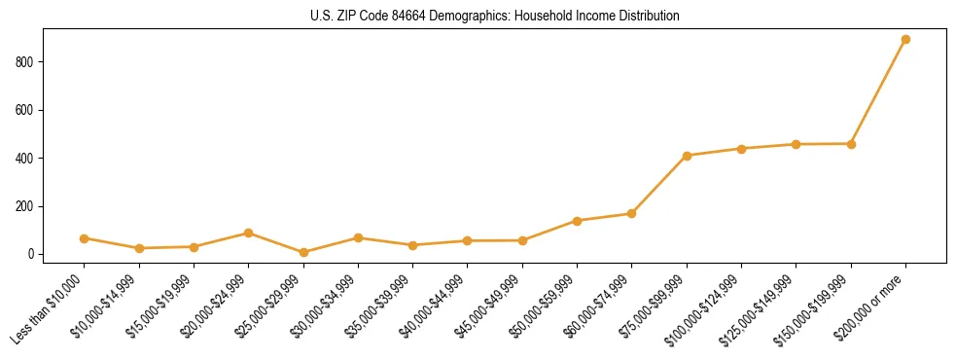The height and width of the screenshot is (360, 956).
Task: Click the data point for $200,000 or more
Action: click(905, 40)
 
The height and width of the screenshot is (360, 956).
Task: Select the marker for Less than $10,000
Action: click(85, 238)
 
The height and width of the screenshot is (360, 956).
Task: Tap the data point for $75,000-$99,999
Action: click(687, 156)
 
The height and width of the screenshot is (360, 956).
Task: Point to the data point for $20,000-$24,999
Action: click(249, 234)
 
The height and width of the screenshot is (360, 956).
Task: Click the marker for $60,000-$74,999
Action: click(632, 213)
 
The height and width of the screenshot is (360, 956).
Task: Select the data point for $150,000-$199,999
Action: click(851, 144)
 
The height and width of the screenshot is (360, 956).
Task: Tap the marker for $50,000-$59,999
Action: click(577, 221)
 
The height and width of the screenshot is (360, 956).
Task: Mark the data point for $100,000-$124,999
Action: click(741, 149)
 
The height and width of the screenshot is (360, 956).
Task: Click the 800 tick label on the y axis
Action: click(25, 62)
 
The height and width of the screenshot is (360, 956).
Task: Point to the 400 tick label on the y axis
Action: click(25, 159)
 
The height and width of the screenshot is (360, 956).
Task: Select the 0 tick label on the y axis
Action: click(31, 255)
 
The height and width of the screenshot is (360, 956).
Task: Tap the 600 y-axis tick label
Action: click(25, 110)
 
